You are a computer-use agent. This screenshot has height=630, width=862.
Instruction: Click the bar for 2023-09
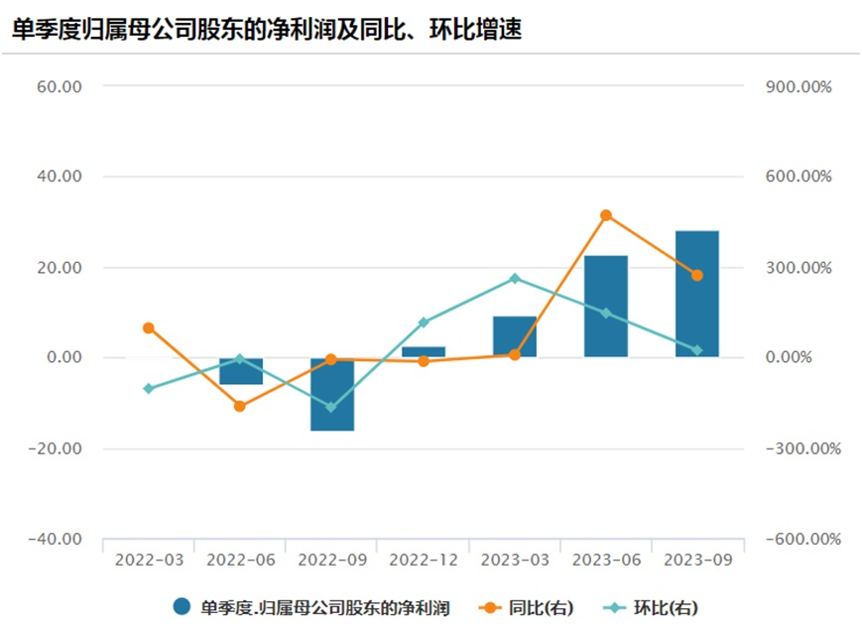696,294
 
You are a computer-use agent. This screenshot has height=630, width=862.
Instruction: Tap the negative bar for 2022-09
331,394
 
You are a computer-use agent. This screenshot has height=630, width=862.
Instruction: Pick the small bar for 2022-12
423,351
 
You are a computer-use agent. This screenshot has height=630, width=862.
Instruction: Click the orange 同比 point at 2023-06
605,215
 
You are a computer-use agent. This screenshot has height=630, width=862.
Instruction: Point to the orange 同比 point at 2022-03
149,327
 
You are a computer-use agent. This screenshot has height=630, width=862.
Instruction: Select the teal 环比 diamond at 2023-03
514,279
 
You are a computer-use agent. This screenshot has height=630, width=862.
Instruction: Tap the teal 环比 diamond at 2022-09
331,407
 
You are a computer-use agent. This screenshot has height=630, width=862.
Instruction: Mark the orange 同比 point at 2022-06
240,406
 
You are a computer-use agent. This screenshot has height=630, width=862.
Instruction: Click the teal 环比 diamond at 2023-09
696,350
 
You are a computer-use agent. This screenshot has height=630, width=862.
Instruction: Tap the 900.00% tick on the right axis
799,86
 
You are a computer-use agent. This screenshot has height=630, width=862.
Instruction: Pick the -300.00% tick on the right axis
802,448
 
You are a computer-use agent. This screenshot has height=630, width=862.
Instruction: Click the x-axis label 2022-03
149,560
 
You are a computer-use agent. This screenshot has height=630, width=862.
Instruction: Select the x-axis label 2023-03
514,560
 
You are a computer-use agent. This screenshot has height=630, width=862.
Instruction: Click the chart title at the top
267,30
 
